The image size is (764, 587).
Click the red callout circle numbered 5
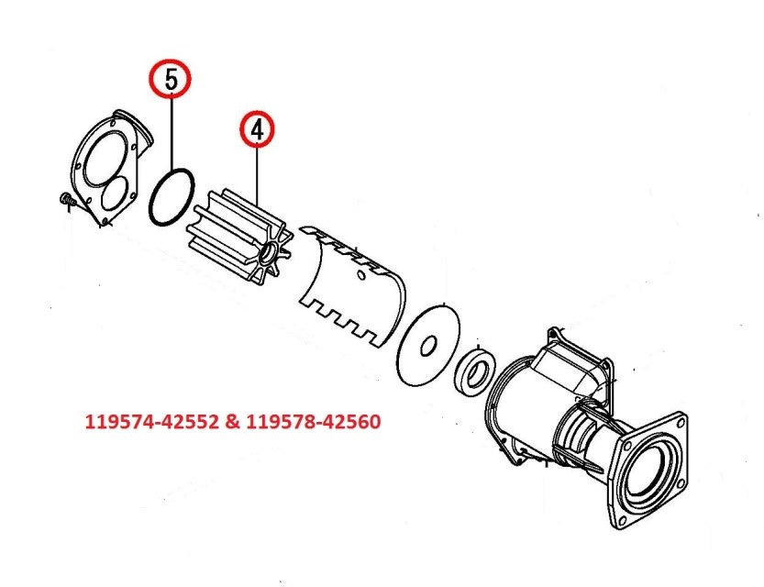(172, 80)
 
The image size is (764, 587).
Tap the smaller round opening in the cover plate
(117, 194)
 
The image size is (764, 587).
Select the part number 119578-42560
(304, 424)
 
